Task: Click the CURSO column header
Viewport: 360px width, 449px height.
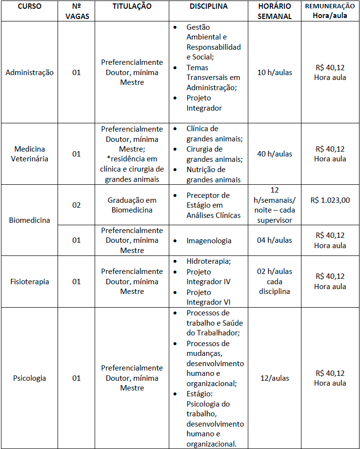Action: tap(30, 7)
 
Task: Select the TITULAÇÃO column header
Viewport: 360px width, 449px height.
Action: tap(132, 7)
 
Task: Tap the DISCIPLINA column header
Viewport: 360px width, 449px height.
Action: tap(208, 7)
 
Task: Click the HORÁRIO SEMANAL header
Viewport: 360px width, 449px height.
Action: tap(275, 11)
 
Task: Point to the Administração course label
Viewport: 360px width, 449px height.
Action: tap(30, 73)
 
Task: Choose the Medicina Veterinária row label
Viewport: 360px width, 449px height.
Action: tap(31, 154)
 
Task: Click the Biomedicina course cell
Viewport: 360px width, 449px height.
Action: tap(30, 220)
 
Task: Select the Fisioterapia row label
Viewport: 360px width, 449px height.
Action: tap(30, 281)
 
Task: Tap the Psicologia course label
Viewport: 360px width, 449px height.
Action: tap(30, 378)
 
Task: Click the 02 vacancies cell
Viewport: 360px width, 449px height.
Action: tap(77, 205)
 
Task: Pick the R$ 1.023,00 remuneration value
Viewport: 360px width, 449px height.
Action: tap(330, 200)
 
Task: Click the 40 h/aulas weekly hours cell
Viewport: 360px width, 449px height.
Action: tap(275, 154)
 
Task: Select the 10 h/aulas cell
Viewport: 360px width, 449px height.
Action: tap(275, 73)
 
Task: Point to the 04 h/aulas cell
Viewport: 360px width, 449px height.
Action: tap(275, 240)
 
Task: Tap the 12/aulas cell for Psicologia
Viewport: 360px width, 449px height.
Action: tap(275, 378)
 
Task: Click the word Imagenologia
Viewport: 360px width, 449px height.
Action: tap(209, 240)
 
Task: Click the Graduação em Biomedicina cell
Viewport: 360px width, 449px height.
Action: tap(132, 205)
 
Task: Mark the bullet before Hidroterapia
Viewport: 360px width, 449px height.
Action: tap(176, 261)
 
